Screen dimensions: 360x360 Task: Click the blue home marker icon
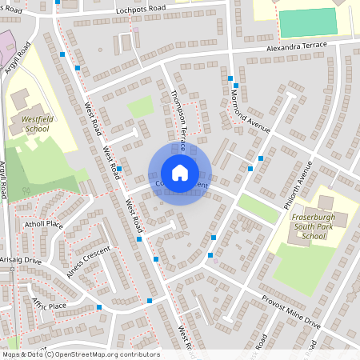tap(180, 173)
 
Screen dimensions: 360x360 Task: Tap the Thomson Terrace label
tap(178, 120)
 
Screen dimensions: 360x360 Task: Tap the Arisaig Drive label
tap(21, 260)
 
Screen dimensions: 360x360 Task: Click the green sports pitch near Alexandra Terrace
tap(308, 22)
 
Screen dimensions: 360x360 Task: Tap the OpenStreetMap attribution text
tap(80, 354)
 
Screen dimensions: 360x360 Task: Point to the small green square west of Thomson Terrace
tap(141, 106)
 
